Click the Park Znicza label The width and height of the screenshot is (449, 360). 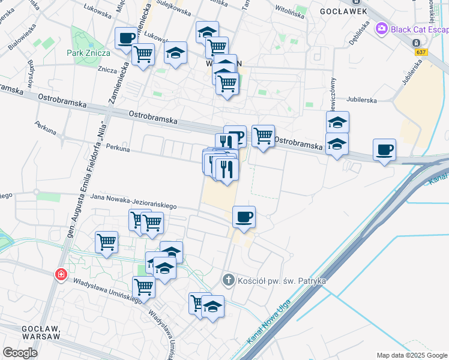tap(88, 52)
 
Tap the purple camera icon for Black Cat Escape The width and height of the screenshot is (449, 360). tap(381, 29)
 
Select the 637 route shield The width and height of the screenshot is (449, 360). tap(421, 52)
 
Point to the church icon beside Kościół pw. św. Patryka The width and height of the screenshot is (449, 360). tap(228, 280)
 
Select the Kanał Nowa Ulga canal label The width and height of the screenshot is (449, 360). tap(268, 321)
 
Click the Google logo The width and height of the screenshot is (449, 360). tap(20, 353)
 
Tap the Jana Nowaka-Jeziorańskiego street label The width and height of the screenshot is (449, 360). tap(133, 202)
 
